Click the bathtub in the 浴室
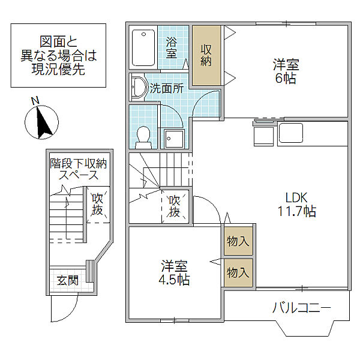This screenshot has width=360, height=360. point(143,47)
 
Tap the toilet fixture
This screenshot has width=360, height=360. point(143,137)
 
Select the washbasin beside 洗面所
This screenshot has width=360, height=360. point(139,87)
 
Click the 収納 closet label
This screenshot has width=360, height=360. point(206,55)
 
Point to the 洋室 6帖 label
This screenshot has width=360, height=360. point(286,71)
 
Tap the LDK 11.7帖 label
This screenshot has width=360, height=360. point(297,204)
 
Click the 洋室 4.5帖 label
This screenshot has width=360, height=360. point(174,272)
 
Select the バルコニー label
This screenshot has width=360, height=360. point(302,307)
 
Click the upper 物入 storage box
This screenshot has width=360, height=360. point(238,241)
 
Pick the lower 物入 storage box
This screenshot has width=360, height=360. point(238,273)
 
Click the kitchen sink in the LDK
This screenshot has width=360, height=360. point(290,133)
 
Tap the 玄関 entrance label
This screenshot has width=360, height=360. point(67,280)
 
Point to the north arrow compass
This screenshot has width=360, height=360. point(41,122)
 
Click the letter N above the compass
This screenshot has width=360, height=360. point(35,101)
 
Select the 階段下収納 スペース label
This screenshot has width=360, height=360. point(79,169)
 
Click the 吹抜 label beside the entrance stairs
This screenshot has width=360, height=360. point(97,205)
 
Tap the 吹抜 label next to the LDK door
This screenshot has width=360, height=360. point(175,206)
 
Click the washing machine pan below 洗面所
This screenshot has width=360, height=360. point(175,139)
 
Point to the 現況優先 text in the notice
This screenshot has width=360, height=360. point(58,69)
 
